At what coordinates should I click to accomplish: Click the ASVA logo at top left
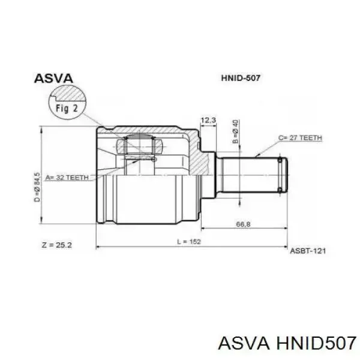(53, 79)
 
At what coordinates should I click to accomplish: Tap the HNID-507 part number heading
(240, 79)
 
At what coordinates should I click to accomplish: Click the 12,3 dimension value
(207, 121)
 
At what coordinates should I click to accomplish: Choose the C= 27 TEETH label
(300, 138)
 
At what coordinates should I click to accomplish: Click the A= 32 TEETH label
(66, 178)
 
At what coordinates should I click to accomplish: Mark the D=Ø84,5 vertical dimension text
(37, 187)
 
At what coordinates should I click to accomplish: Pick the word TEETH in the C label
(311, 138)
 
